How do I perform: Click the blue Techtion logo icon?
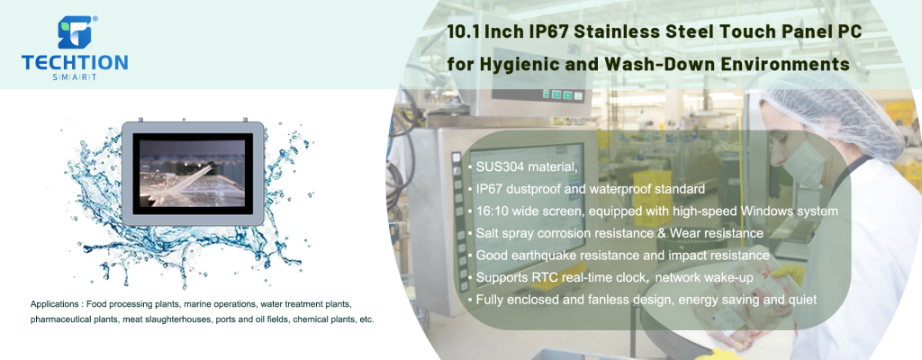click(x=76, y=33)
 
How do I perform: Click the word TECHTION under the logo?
click(x=76, y=64)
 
